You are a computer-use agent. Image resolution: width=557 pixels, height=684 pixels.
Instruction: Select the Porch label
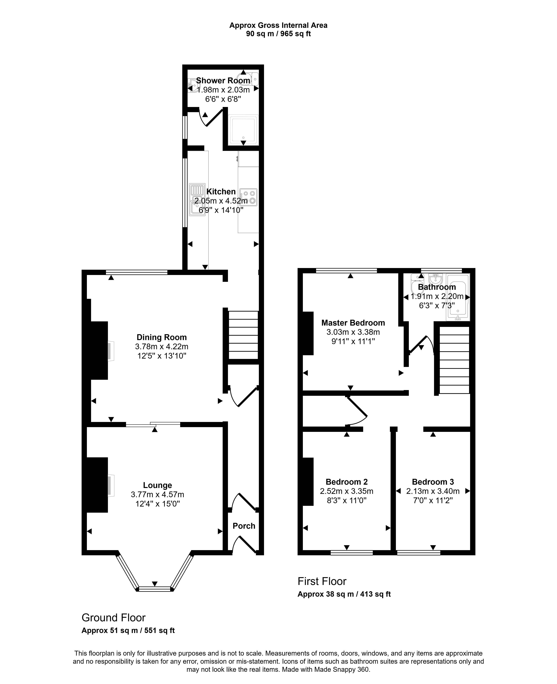[x=244, y=526]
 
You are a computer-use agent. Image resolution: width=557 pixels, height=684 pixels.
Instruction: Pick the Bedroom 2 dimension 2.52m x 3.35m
[x=346, y=491]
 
